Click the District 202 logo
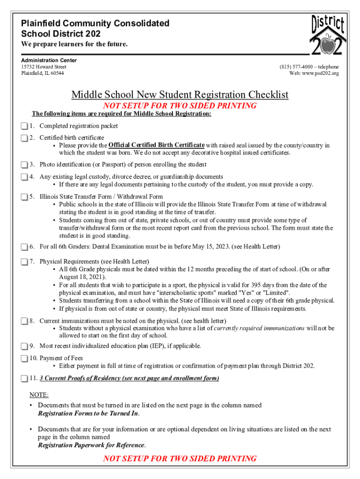(x=328, y=35)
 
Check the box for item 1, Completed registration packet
(x=24, y=126)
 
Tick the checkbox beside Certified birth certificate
(x=24, y=138)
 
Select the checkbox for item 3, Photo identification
(x=24, y=165)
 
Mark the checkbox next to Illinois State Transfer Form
(x=24, y=197)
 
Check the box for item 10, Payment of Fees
(x=24, y=358)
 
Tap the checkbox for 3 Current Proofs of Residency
(x=24, y=378)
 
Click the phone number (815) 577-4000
(x=297, y=67)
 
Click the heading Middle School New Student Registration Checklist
(x=180, y=95)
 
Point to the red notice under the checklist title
(x=180, y=106)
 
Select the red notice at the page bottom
(x=180, y=458)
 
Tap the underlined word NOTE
(x=39, y=395)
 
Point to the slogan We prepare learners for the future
(x=74, y=44)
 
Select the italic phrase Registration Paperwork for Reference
(x=91, y=445)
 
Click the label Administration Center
(x=49, y=60)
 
